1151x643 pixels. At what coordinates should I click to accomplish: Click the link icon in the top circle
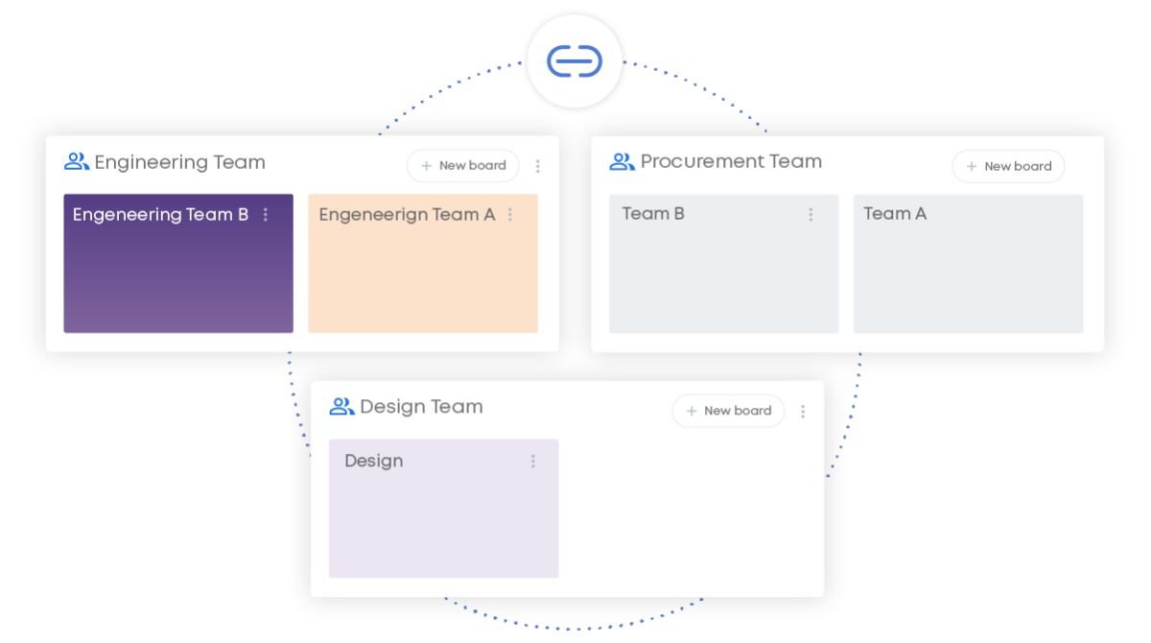pyautogui.click(x=575, y=60)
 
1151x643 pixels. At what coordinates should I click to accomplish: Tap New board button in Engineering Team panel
pyautogui.click(x=463, y=166)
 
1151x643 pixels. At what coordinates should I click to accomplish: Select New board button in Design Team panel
pyautogui.click(x=728, y=411)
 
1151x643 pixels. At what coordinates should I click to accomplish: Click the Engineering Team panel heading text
pyautogui.click(x=179, y=162)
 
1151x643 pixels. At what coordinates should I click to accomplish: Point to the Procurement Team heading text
pyautogui.click(x=731, y=161)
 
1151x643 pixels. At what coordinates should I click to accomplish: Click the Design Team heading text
pyautogui.click(x=421, y=407)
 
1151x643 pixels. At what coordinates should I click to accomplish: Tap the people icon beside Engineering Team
pyautogui.click(x=77, y=161)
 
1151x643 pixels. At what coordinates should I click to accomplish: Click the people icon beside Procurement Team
pyautogui.click(x=622, y=161)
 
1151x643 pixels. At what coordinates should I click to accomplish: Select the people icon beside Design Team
pyautogui.click(x=341, y=407)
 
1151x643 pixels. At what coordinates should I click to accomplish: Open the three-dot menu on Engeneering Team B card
pyautogui.click(x=266, y=215)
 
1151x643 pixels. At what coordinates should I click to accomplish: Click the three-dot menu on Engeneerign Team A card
pyautogui.click(x=510, y=215)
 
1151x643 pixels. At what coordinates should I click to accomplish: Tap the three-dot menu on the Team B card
pyautogui.click(x=810, y=215)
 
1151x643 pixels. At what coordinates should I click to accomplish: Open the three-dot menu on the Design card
pyautogui.click(x=533, y=462)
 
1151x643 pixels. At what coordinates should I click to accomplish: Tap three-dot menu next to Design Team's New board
pyautogui.click(x=803, y=412)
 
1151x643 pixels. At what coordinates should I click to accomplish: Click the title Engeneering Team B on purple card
pyautogui.click(x=160, y=215)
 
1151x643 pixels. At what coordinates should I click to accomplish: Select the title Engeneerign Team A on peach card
pyautogui.click(x=407, y=215)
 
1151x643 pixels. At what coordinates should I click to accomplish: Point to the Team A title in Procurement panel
pyautogui.click(x=895, y=214)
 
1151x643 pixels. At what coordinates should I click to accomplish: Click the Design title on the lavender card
pyautogui.click(x=374, y=461)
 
